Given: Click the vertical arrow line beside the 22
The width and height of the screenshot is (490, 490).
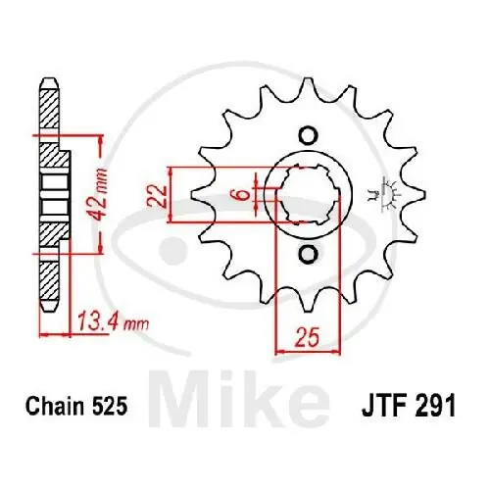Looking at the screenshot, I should [172, 195].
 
